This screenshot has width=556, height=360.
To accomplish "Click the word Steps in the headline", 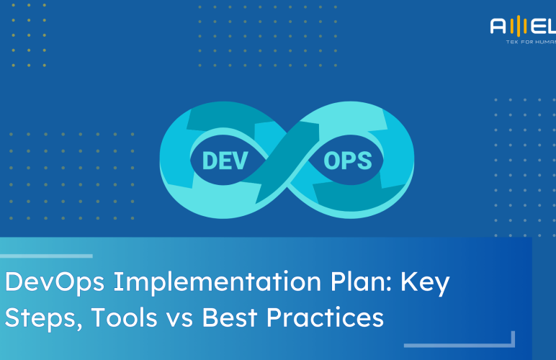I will (x=35, y=318).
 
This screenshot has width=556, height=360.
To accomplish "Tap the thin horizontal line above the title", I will (x=46, y=256).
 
